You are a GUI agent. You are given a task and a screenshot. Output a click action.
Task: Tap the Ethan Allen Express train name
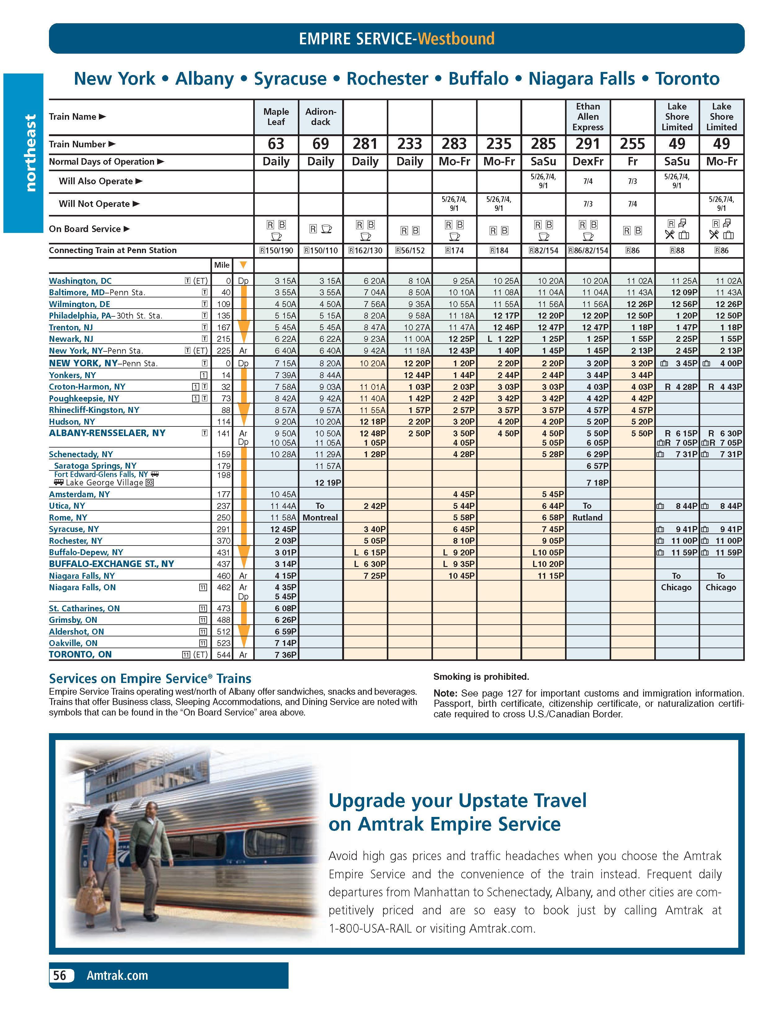tap(588, 117)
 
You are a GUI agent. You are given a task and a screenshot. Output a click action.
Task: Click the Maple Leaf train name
tap(276, 117)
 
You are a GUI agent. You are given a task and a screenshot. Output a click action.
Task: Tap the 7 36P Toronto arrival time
tap(285, 655)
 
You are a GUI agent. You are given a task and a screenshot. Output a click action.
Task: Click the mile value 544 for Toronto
tap(223, 655)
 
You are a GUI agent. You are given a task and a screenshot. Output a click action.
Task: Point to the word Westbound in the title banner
tap(456, 38)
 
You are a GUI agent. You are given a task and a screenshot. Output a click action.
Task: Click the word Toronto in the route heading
tap(687, 79)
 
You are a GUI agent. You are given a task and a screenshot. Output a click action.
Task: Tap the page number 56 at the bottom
tap(60, 975)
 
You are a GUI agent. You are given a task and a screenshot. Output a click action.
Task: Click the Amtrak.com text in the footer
tap(117, 975)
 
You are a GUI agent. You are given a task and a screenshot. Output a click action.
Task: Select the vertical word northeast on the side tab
tap(30, 152)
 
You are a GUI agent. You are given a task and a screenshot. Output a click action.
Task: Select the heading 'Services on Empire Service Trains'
tap(150, 679)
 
